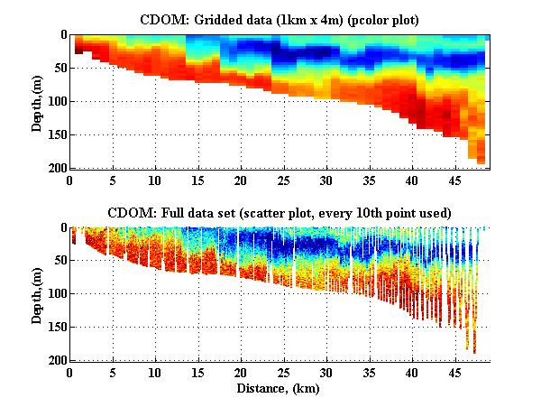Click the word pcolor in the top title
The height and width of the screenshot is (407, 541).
pyautogui.click(x=367, y=19)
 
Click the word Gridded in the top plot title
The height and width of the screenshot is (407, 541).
pyautogui.click(x=213, y=19)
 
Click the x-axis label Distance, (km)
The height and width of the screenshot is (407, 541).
pyautogui.click(x=280, y=389)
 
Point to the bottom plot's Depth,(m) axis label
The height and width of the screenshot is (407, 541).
pyautogui.click(x=38, y=294)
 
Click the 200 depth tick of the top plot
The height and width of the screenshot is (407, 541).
pyautogui.click(x=56, y=169)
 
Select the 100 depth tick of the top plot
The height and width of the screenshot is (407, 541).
pyautogui.click(x=56, y=102)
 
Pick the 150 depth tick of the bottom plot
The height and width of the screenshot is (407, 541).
pyautogui.click(x=56, y=328)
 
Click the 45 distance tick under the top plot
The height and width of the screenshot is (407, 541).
pyautogui.click(x=454, y=180)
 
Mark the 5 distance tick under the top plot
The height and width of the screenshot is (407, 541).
pyautogui.click(x=113, y=180)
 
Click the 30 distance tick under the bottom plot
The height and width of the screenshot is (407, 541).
pyautogui.click(x=326, y=372)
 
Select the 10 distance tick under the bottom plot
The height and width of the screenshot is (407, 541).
pyautogui.click(x=155, y=372)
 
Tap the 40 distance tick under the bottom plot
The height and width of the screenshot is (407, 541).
pyautogui.click(x=412, y=372)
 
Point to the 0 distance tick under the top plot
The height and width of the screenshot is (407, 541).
pyautogui.click(x=70, y=180)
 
